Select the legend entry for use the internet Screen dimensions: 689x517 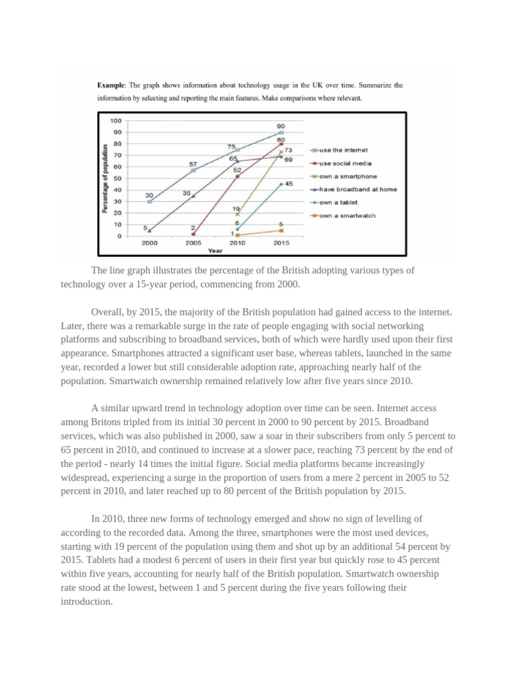click(x=343, y=150)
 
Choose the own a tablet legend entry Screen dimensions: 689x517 click(x=338, y=202)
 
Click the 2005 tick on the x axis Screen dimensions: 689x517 click(x=193, y=243)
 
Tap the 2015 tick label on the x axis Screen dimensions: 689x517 click(x=281, y=243)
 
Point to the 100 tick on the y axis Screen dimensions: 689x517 click(x=116, y=120)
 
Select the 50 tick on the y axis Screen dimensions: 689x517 click(x=118, y=178)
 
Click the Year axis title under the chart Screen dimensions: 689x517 click(x=215, y=250)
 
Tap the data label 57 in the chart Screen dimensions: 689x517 click(x=193, y=164)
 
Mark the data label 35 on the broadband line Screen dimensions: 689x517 click(x=186, y=193)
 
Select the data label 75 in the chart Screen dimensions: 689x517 click(x=231, y=146)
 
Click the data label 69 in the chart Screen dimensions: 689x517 click(x=288, y=159)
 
